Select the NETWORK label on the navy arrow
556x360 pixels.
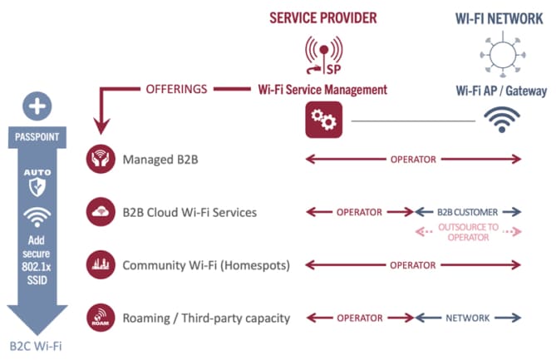(x=467, y=318)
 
